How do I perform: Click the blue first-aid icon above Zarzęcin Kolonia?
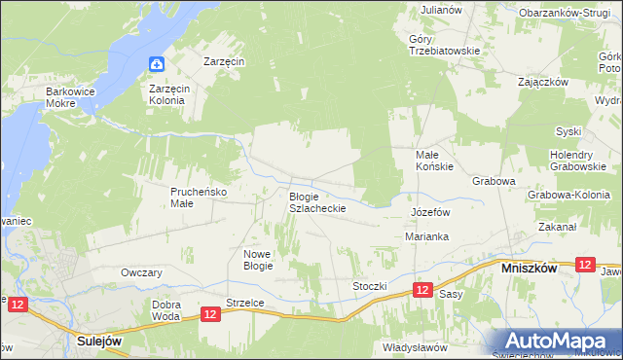157,65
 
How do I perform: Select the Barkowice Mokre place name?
68,97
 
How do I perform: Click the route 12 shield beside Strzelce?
210,313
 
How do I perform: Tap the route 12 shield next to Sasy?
421,290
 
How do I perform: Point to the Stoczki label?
370,286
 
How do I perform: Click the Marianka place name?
426,236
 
